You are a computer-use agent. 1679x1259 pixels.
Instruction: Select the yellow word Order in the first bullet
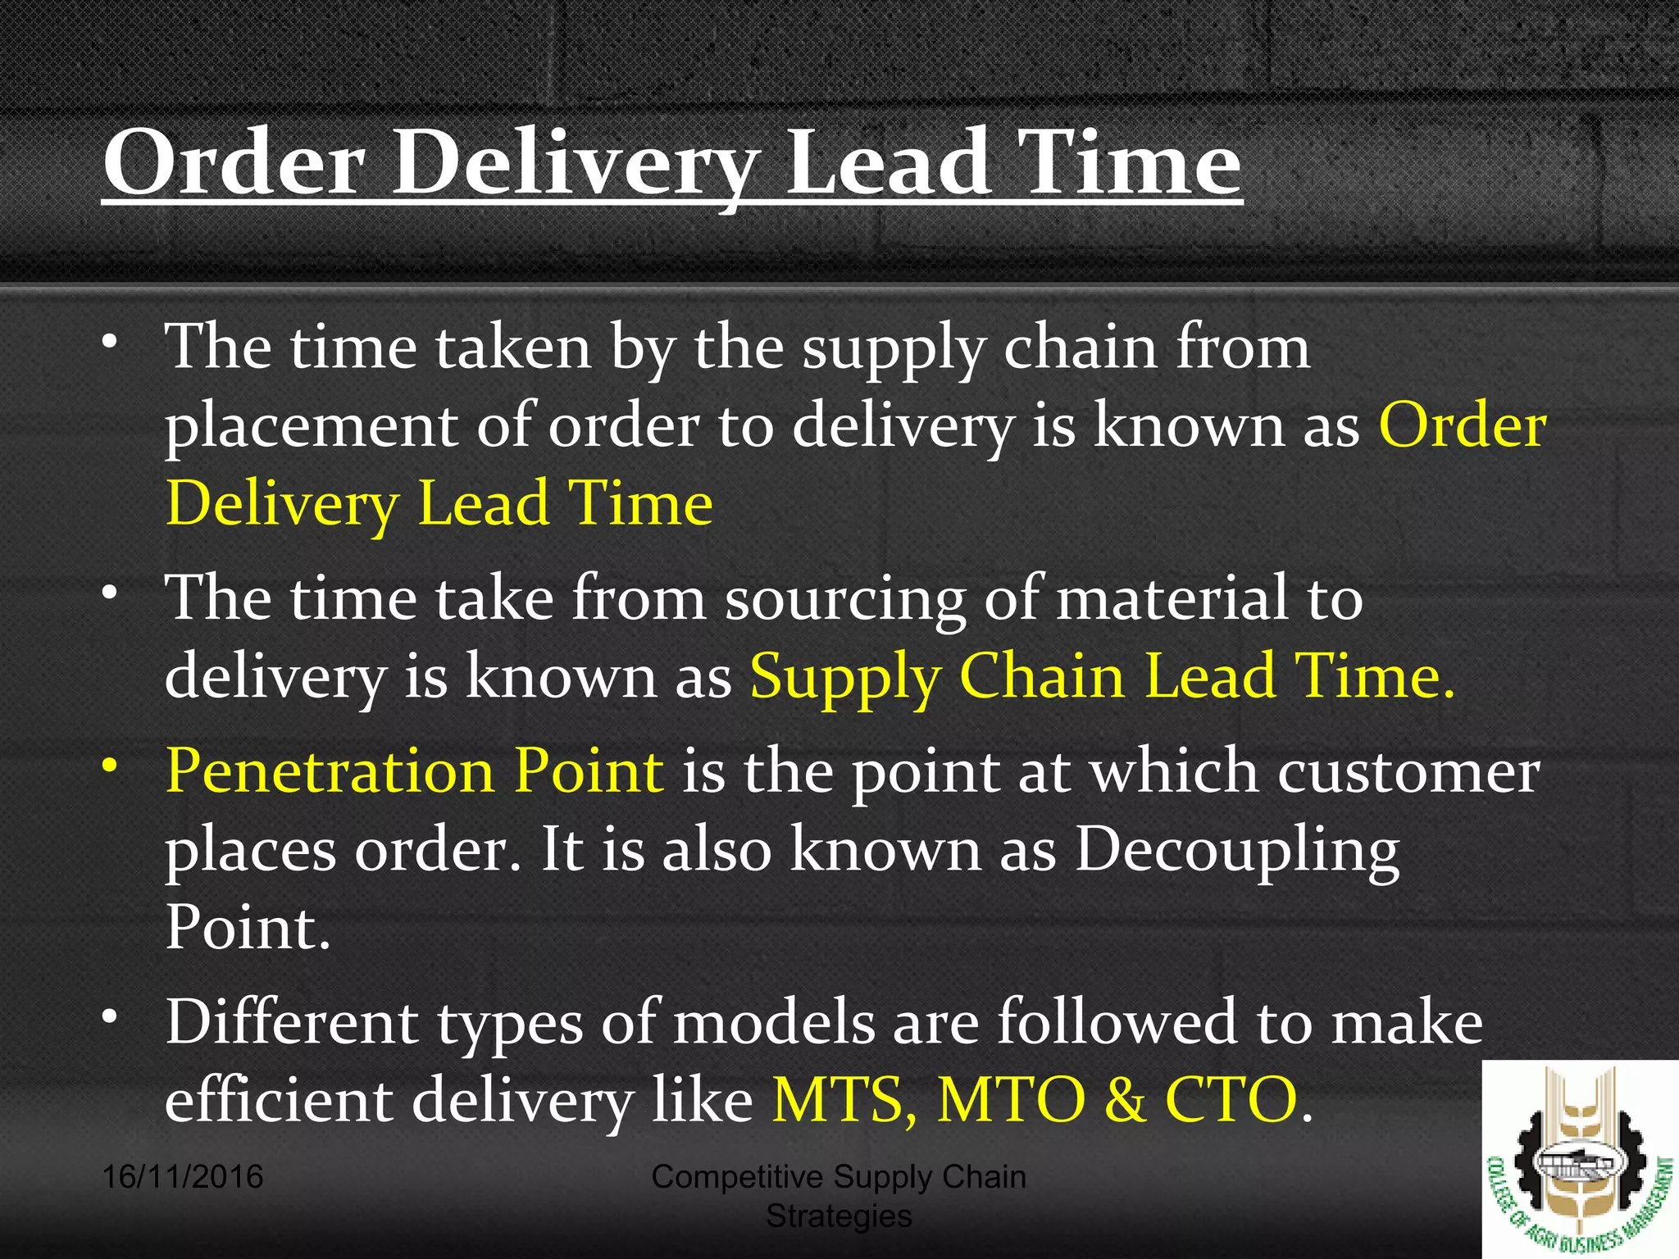(1462, 425)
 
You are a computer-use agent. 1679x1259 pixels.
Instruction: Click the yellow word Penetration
(330, 771)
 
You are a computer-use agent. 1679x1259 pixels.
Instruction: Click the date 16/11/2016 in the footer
(183, 1177)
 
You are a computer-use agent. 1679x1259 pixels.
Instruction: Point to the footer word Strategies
(839, 1216)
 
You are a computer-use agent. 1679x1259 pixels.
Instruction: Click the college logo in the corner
(1580, 1159)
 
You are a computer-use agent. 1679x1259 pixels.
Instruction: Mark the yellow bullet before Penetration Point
(110, 767)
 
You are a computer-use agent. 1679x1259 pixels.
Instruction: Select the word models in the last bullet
(774, 1022)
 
